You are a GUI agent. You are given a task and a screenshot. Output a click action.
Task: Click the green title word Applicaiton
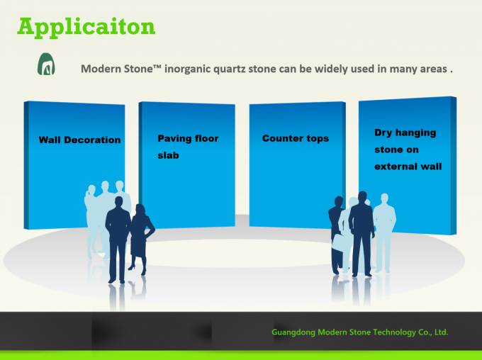(x=86, y=27)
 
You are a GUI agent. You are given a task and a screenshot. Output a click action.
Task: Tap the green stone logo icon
(x=46, y=64)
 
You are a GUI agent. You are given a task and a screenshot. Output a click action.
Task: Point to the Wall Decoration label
(x=79, y=140)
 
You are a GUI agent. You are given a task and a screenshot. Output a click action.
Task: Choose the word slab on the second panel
(x=168, y=155)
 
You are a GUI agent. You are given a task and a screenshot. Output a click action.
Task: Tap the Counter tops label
(x=296, y=138)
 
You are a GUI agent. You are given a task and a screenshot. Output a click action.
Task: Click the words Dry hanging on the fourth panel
(x=405, y=133)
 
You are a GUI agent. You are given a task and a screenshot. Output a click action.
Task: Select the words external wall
(x=408, y=167)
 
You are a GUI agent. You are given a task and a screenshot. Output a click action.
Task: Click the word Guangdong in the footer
(x=293, y=332)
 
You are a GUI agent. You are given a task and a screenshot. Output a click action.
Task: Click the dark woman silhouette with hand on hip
(x=140, y=237)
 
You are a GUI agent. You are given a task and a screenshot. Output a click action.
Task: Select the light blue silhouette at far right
(x=384, y=230)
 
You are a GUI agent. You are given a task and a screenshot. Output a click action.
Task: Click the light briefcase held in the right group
(x=338, y=242)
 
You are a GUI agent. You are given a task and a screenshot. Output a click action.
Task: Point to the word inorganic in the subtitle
(x=187, y=69)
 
